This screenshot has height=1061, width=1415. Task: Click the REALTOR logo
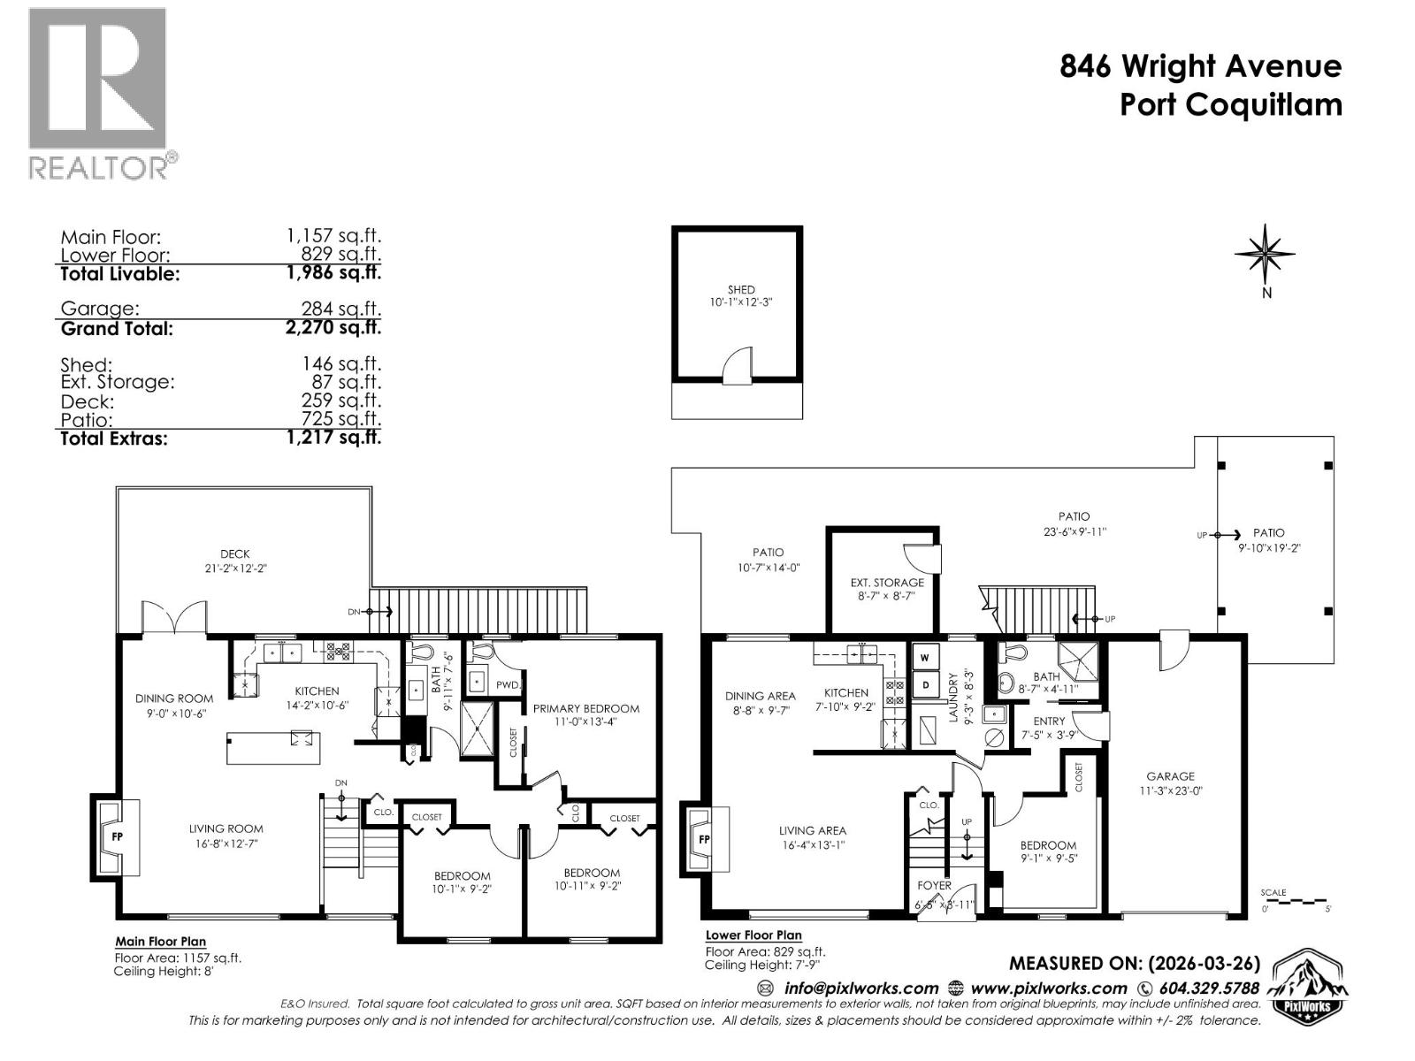[x=97, y=93]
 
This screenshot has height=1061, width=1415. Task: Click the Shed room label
[x=741, y=289]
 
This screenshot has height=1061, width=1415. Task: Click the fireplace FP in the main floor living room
[x=116, y=835]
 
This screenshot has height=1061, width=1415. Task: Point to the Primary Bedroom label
[x=585, y=708]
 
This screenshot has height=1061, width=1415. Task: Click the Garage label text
[x=1170, y=776]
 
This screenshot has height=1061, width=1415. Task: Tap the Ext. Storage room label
[x=887, y=583]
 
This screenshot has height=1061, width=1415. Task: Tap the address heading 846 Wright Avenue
[x=1200, y=66]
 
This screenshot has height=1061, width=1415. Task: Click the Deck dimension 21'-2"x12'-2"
[x=235, y=569]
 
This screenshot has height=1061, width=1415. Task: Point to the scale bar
[x=1295, y=901]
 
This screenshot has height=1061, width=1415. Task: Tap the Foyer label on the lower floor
[x=934, y=885]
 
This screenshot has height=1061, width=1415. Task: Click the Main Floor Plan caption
[x=160, y=942]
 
